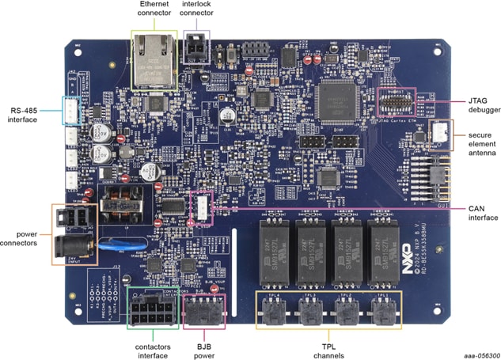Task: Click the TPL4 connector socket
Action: coord(273,313)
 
